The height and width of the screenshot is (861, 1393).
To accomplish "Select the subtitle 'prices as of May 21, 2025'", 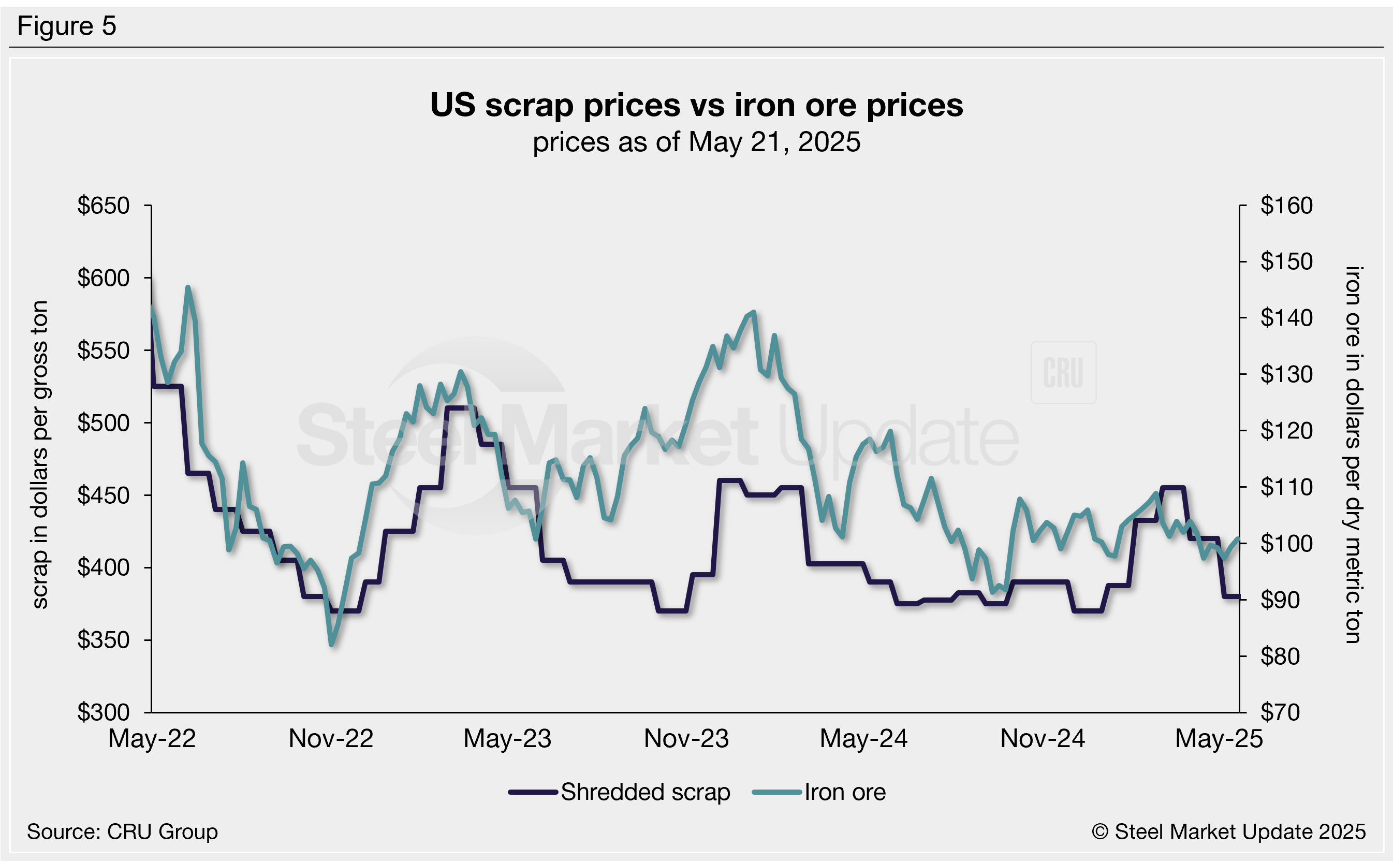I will (696, 142).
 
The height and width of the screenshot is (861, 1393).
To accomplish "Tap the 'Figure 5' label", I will (67, 26).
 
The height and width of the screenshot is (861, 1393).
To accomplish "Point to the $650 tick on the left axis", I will (104, 206).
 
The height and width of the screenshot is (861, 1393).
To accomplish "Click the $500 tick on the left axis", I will (104, 423).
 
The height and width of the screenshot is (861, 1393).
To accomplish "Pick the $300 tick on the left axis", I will (104, 712).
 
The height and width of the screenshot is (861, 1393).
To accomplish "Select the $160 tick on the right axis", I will (1286, 206).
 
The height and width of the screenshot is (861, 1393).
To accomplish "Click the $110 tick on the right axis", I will (1286, 487).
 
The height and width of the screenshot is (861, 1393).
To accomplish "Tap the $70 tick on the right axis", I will (1280, 712).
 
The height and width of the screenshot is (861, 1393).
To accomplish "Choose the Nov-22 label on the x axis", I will (331, 739).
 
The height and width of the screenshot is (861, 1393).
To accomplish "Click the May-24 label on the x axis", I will (863, 739).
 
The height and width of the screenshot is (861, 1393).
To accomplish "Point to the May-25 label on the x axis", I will (1219, 739).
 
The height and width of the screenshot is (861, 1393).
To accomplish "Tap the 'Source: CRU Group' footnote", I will (122, 832).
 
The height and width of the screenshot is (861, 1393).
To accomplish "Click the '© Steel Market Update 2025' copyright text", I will (1228, 832).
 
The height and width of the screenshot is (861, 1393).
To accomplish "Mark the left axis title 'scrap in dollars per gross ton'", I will (40, 455).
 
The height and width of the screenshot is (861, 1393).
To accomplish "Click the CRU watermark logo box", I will (1063, 372).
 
